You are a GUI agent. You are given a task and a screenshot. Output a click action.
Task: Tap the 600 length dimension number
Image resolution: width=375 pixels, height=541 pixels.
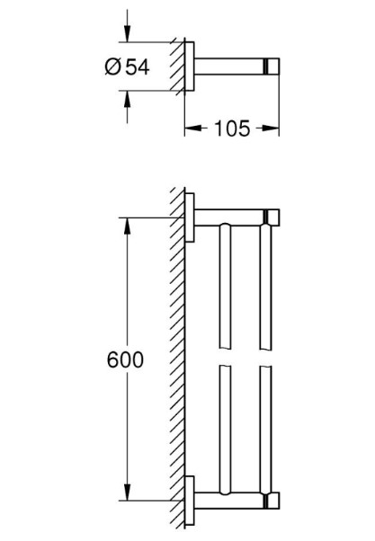pos(125,359)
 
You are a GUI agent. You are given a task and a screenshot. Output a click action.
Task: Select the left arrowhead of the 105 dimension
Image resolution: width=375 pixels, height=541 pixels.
pos(190,129)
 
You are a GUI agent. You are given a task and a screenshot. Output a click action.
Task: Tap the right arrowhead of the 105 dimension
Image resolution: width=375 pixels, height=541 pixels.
pos(272,129)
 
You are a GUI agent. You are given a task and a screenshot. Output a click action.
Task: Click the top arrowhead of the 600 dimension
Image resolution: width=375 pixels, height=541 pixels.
pos(127,222)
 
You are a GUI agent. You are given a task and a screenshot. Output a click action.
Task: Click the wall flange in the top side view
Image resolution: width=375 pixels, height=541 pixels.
pos(190,67)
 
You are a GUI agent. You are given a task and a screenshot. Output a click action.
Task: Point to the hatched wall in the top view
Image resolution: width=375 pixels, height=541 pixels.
pos(178,67)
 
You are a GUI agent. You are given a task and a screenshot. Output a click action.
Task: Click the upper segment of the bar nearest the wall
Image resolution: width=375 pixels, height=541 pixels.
pos(224,288)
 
